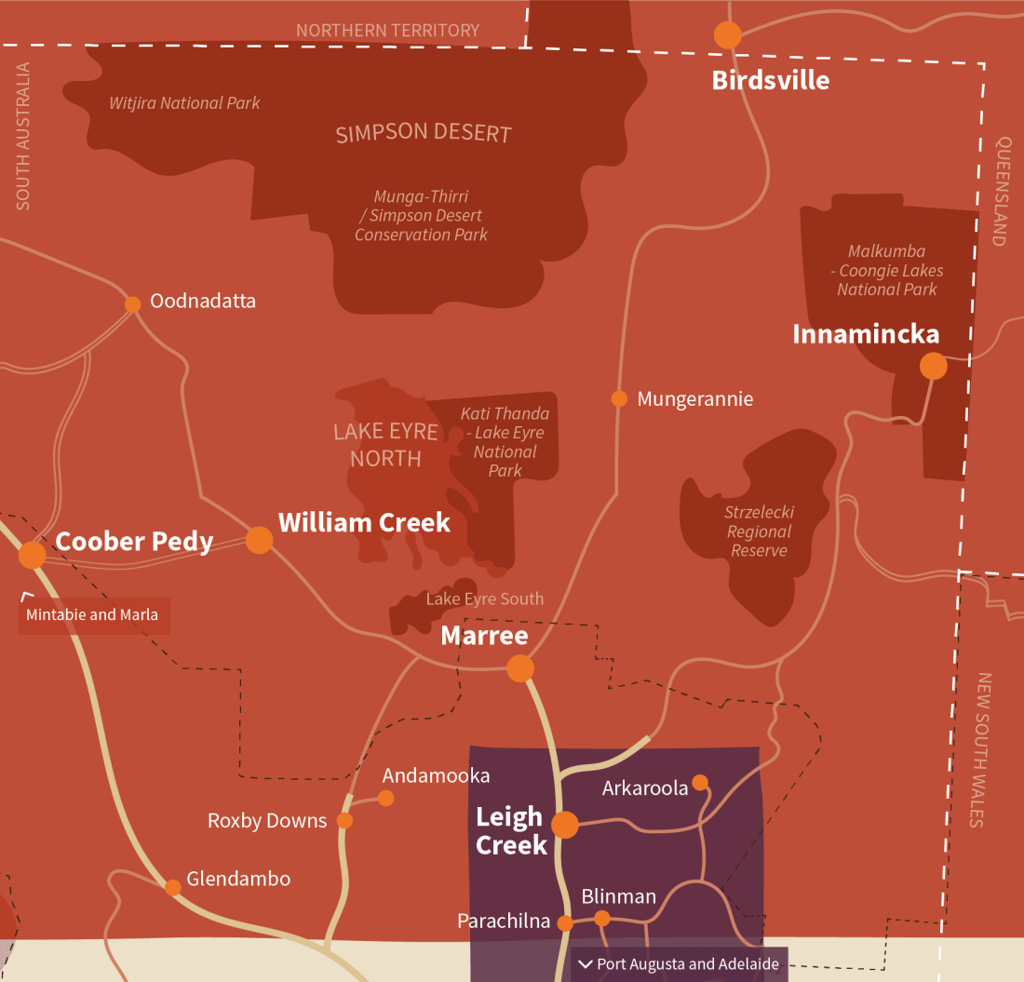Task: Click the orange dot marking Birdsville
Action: (x=727, y=35)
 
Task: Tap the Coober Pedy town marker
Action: (x=32, y=555)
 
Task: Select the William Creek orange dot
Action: (x=259, y=540)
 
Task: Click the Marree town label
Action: (x=484, y=636)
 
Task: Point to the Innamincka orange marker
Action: (x=933, y=366)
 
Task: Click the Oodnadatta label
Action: (x=202, y=301)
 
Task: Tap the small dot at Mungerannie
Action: (x=619, y=398)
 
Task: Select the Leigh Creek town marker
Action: (x=565, y=825)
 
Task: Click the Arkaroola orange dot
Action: (x=699, y=782)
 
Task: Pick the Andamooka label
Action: (x=436, y=775)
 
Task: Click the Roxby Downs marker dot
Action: (x=344, y=820)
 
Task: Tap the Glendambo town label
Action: (x=238, y=879)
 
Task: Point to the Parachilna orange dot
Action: (x=565, y=922)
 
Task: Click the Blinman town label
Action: (x=618, y=896)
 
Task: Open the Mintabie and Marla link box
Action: (x=93, y=615)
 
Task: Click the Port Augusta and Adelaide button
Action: (x=680, y=963)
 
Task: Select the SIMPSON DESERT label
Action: (x=424, y=133)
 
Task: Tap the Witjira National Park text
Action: (x=184, y=103)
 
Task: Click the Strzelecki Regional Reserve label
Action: (x=759, y=531)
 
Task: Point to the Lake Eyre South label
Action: (x=484, y=599)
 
